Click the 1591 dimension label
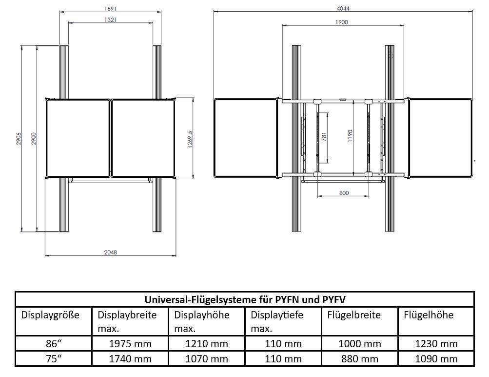click(110, 9)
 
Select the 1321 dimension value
click(110, 20)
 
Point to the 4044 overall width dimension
click(343, 9)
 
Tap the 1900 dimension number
click(342, 22)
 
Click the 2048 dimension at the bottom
click(110, 252)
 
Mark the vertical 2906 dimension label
click(19, 139)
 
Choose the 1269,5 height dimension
click(190, 139)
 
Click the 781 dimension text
click(324, 137)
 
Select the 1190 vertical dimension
click(350, 136)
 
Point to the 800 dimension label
click(344, 193)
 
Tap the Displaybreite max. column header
click(127, 321)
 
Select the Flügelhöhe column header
click(429, 315)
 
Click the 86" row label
click(54, 344)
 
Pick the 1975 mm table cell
click(130, 344)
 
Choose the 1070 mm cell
click(207, 359)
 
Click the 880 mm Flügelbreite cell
click(360, 359)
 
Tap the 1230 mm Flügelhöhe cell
click(436, 344)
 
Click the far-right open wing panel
click(440, 138)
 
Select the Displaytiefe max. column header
click(276, 321)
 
